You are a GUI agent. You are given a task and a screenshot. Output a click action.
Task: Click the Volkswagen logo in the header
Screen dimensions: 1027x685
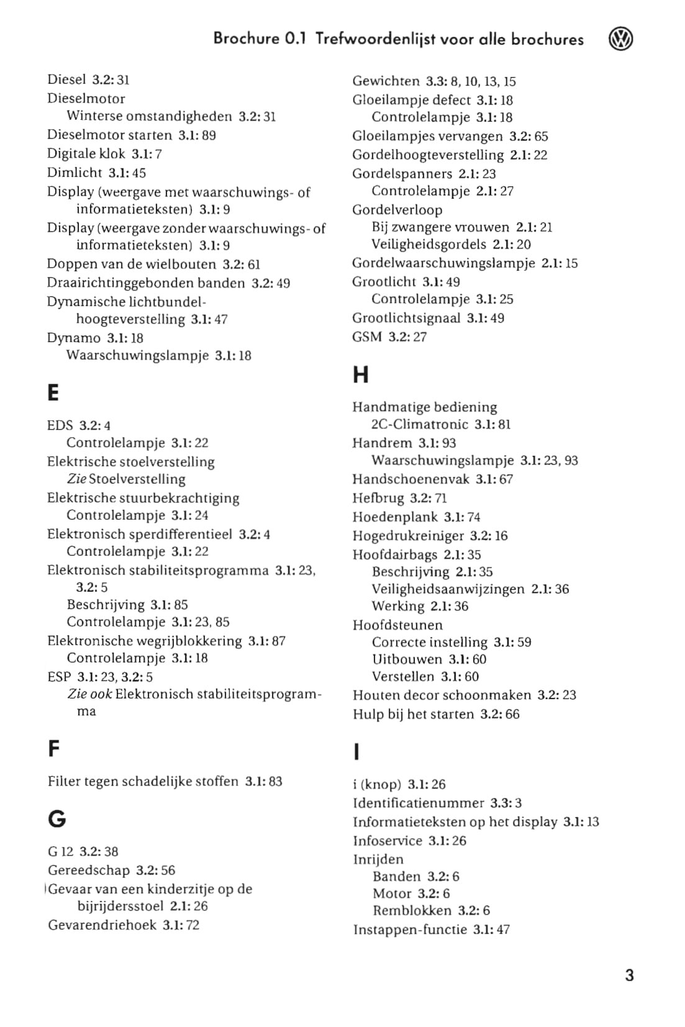620,39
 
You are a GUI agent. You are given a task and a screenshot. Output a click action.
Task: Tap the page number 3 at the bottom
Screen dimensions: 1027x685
629,975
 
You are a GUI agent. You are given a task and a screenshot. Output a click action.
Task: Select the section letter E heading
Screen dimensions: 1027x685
53,392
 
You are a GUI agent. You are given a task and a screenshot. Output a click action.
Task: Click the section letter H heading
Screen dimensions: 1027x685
360,375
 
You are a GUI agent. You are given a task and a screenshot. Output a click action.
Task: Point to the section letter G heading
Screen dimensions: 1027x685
57,819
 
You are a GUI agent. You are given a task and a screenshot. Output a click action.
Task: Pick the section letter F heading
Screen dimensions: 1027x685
54,749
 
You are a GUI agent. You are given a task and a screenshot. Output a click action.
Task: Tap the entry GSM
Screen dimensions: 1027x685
367,337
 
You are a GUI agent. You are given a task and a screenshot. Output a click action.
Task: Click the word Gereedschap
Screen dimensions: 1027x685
89,870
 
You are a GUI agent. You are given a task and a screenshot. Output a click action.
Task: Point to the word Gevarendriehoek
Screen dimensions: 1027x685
102,925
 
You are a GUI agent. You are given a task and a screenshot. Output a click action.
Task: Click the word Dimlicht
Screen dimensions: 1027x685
74,173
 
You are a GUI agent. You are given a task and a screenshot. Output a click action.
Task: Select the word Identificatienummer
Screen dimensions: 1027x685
418,803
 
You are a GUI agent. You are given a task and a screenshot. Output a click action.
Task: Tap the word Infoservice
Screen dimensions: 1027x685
388,841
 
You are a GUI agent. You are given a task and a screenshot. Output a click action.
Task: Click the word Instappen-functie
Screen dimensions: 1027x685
410,930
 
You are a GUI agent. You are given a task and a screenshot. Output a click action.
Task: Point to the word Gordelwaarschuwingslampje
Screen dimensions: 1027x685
443,263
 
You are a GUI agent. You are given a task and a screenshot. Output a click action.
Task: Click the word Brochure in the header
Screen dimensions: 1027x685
246,38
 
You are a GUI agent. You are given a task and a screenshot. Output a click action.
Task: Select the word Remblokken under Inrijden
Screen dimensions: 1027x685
412,910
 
